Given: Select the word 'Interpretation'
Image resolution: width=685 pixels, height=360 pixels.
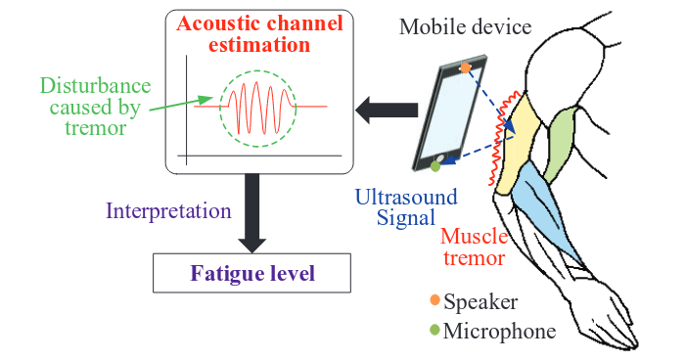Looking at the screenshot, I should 168,210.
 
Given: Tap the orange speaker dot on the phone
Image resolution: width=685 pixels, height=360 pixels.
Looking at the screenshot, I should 467,67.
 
